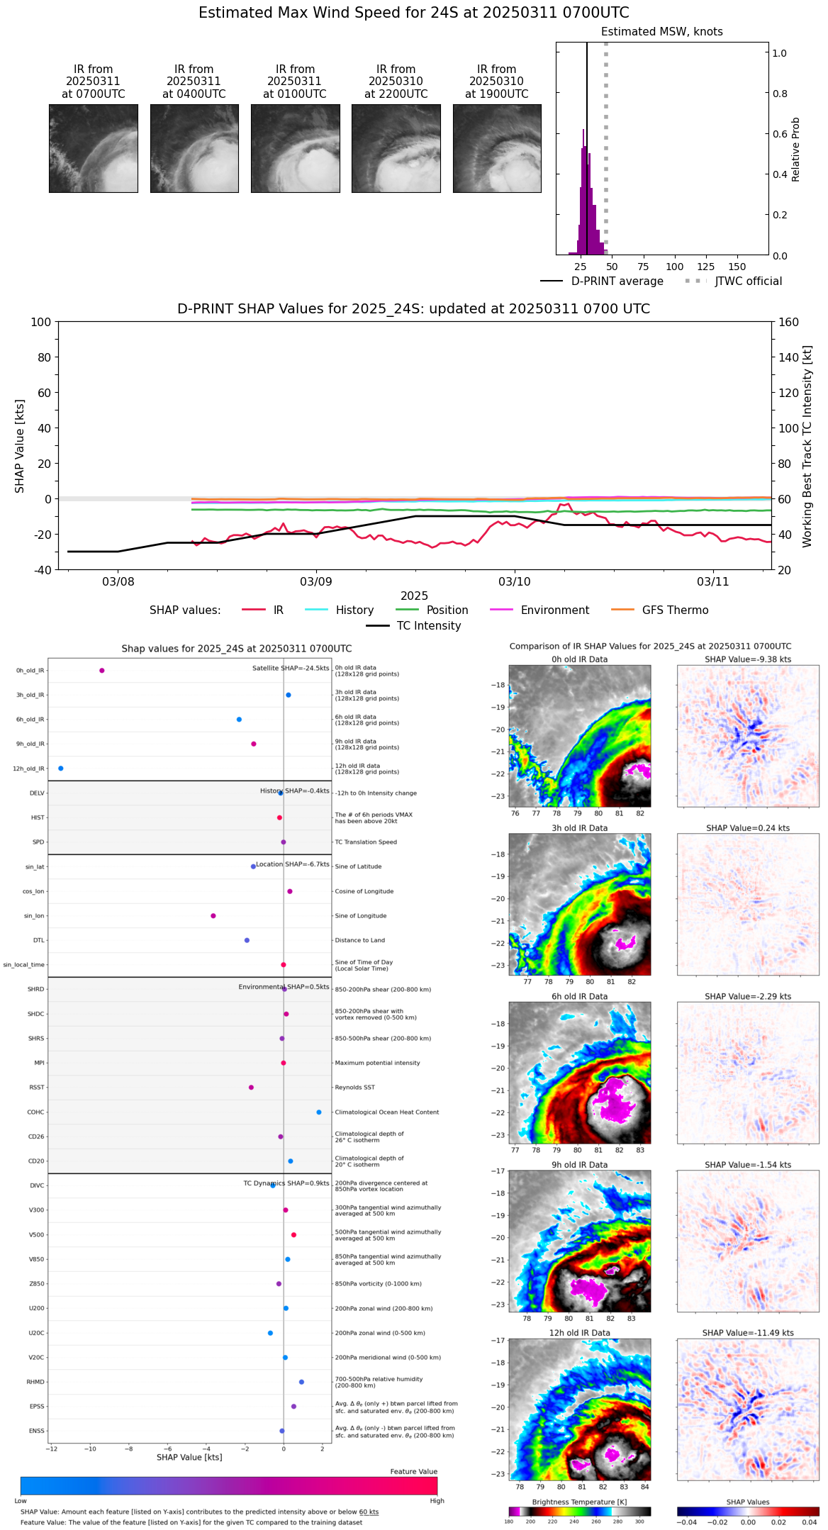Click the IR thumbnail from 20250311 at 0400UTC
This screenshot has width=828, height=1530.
(194, 148)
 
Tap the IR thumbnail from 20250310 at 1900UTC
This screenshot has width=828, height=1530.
(497, 148)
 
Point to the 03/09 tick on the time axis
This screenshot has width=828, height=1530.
(316, 582)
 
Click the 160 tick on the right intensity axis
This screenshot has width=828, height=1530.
(789, 323)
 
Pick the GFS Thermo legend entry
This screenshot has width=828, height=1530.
(675, 610)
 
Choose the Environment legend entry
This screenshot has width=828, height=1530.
(554, 610)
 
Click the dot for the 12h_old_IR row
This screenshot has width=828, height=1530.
(61, 769)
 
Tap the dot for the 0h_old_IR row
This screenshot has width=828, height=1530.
(102, 671)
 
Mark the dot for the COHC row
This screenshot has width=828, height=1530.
(319, 1112)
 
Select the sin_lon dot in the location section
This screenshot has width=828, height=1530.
(213, 916)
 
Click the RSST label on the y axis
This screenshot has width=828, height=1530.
(37, 1088)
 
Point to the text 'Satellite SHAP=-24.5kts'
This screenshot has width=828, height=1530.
(291, 669)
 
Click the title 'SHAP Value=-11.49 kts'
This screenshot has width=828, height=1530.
(748, 1333)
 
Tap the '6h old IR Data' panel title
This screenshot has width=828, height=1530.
(579, 996)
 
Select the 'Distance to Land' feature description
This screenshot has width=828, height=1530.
(360, 941)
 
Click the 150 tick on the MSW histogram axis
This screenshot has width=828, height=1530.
(737, 267)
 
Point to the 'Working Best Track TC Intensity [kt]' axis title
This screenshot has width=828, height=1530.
(807, 447)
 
